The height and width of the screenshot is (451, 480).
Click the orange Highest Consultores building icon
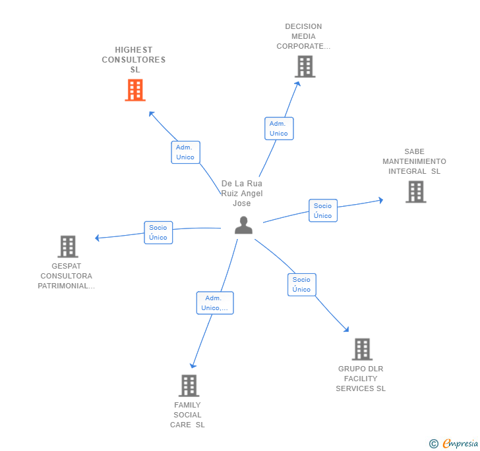[135, 90]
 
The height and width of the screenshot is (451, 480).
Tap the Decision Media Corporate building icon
[305, 66]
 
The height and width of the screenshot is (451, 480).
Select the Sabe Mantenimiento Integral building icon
[415, 192]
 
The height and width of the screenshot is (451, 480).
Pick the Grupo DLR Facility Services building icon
[362, 349]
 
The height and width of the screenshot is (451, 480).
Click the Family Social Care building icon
[189, 385]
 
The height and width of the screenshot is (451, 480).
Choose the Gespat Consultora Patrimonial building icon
[68, 246]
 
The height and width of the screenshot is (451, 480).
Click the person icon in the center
[244, 225]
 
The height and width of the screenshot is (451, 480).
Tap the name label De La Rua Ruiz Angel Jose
[242, 194]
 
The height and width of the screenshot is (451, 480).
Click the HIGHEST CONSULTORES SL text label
[134, 60]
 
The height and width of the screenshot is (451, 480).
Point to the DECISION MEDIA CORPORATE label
[303, 37]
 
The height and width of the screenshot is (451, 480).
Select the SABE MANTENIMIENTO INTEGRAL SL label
[414, 161]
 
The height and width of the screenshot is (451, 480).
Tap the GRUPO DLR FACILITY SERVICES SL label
[361, 379]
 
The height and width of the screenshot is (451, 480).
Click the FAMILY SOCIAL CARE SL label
[188, 415]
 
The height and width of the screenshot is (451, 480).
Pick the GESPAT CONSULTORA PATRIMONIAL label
[67, 276]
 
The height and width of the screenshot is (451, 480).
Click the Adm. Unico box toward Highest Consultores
[185, 152]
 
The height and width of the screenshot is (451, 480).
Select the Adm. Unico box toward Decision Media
[279, 128]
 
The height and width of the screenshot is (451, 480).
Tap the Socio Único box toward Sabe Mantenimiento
[323, 211]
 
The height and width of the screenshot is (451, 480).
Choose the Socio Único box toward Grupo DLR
[302, 284]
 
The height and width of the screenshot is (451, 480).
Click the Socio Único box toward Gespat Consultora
[158, 232]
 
